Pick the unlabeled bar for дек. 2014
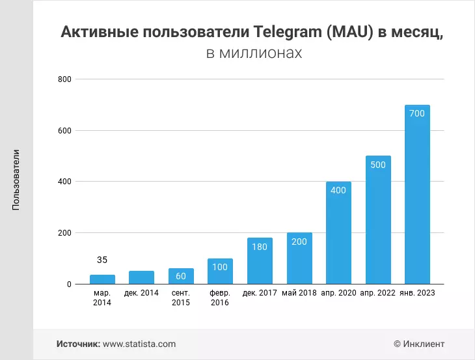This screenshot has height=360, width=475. (141, 277)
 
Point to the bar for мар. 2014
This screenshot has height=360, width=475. (102, 279)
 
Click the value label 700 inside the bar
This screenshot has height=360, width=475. (417, 113)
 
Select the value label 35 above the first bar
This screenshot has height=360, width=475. (102, 260)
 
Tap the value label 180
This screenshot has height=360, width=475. (260, 247)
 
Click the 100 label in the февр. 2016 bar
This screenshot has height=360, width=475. (220, 267)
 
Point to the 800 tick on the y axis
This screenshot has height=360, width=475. (64, 79)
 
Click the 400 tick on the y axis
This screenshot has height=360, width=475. (64, 182)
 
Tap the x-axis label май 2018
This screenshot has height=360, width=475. (299, 293)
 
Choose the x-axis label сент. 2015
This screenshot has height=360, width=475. (181, 298)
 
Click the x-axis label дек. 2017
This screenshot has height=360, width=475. (260, 293)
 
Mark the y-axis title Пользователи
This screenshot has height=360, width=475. (16, 180)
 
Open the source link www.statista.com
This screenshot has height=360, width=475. (139, 344)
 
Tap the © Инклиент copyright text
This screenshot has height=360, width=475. (419, 344)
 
